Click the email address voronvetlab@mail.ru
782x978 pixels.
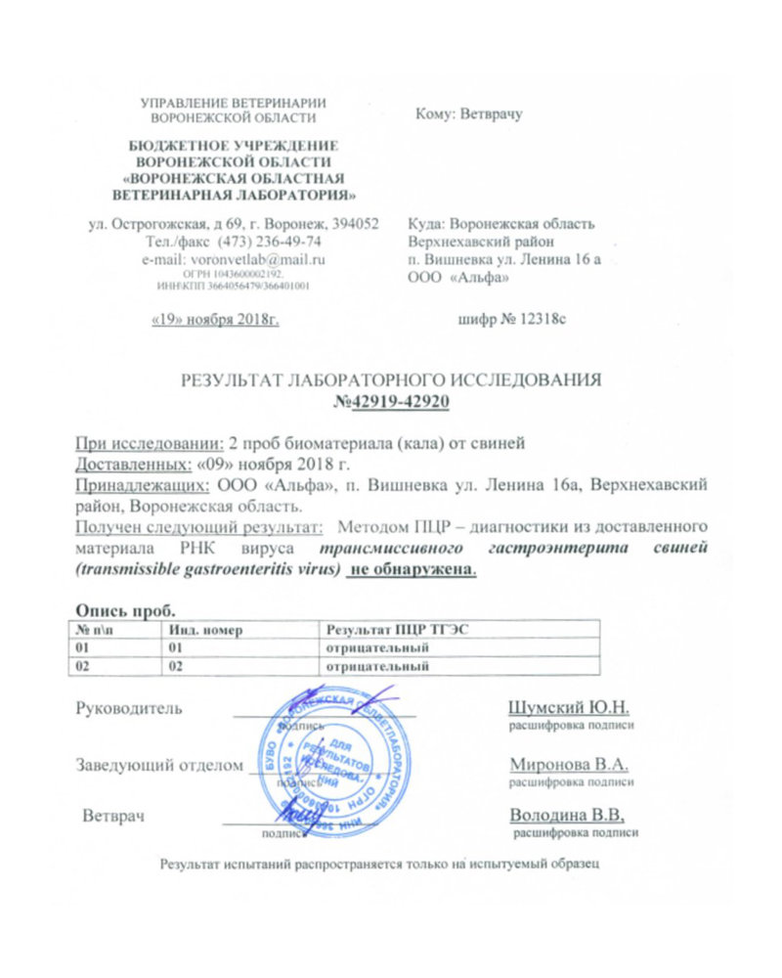tap(258, 259)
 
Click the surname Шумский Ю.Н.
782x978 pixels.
tap(572, 706)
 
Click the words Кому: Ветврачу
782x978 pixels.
tap(469, 113)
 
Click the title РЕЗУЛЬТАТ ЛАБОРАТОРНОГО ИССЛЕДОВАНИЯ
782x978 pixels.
tap(393, 380)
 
